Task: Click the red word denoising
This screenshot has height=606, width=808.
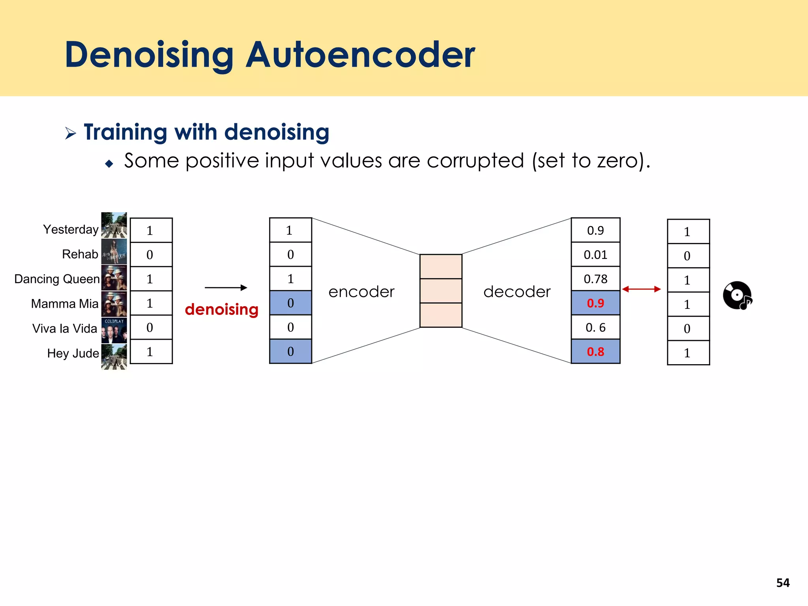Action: (x=221, y=310)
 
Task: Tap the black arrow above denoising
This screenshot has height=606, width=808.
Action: (x=226, y=288)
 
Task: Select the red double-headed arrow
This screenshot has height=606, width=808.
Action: (x=641, y=289)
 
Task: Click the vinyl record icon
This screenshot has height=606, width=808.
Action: (x=737, y=296)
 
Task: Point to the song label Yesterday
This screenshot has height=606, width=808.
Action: (x=71, y=230)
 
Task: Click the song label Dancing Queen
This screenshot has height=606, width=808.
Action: (x=57, y=279)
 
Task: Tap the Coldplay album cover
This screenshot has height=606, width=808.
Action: (x=114, y=330)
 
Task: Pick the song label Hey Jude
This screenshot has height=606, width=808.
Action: (x=73, y=353)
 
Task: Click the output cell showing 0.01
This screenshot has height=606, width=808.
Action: (x=595, y=255)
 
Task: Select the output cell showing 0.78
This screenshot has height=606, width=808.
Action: (x=595, y=279)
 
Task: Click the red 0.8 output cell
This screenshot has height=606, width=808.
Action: (x=595, y=352)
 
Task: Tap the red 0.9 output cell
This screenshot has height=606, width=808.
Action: (x=595, y=303)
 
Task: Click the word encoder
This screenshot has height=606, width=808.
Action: (x=361, y=292)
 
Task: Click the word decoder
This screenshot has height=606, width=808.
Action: (x=517, y=292)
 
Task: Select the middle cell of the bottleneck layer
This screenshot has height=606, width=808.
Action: (x=441, y=291)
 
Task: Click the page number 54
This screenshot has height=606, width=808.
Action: (x=783, y=583)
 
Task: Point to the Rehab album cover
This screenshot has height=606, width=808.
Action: (x=114, y=252)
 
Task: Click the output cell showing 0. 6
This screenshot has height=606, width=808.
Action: (x=595, y=327)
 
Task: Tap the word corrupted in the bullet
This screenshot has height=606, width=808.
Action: (x=475, y=161)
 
